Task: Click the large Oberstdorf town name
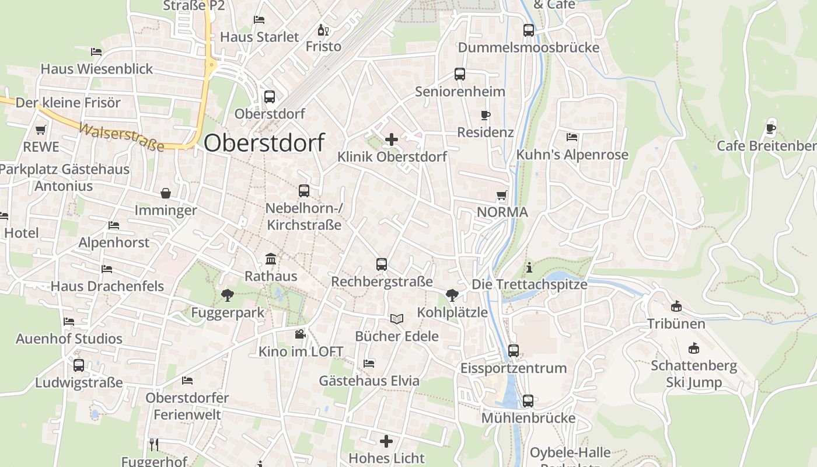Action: point(264,143)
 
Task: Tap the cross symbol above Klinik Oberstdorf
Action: point(392,140)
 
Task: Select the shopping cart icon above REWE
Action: point(40,130)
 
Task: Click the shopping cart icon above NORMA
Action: point(501,195)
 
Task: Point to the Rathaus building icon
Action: point(271,259)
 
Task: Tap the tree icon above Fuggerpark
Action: point(227,295)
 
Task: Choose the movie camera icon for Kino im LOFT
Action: point(300,334)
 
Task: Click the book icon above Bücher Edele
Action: point(397,319)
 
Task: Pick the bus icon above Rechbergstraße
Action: point(382,264)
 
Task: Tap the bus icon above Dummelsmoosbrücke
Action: point(529,30)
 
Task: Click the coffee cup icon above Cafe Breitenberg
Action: point(771,128)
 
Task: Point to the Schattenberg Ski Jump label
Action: point(694,374)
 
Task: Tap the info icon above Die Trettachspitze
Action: point(529,267)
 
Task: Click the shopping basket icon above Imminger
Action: point(166,193)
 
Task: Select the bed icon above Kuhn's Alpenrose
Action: point(572,137)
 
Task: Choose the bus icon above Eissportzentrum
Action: point(514,351)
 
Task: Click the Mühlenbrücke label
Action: point(528,418)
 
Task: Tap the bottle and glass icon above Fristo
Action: point(323,30)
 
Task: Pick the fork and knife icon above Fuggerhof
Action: point(154,444)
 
